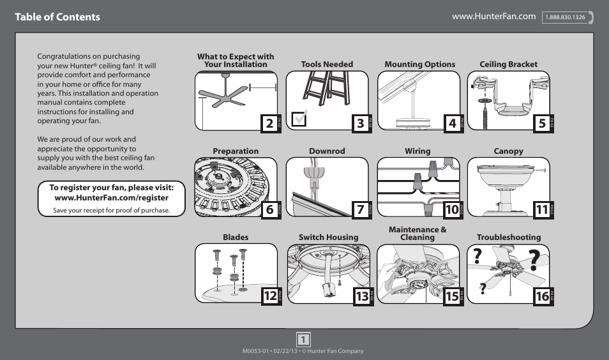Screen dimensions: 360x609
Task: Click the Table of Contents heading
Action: [57, 17]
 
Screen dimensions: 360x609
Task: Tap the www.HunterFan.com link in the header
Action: [493, 16]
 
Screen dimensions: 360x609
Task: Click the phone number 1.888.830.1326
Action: [565, 17]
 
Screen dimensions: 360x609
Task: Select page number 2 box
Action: [269, 123]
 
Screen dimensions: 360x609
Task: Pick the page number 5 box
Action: [542, 123]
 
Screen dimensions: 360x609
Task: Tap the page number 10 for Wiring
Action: [452, 209]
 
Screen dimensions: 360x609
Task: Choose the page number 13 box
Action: [362, 296]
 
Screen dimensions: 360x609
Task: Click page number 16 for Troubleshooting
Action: [542, 296]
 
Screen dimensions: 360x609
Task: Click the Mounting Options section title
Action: [419, 64]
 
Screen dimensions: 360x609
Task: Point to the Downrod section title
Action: [327, 151]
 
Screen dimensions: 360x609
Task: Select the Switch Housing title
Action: [328, 237]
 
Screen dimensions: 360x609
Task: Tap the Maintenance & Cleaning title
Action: [417, 233]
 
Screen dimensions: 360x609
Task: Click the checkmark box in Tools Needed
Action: [298, 119]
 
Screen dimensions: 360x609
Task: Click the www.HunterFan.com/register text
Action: [112, 198]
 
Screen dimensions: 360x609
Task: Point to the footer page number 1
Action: [304, 339]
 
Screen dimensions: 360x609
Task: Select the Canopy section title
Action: [508, 151]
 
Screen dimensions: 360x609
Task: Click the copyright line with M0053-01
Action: [303, 351]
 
